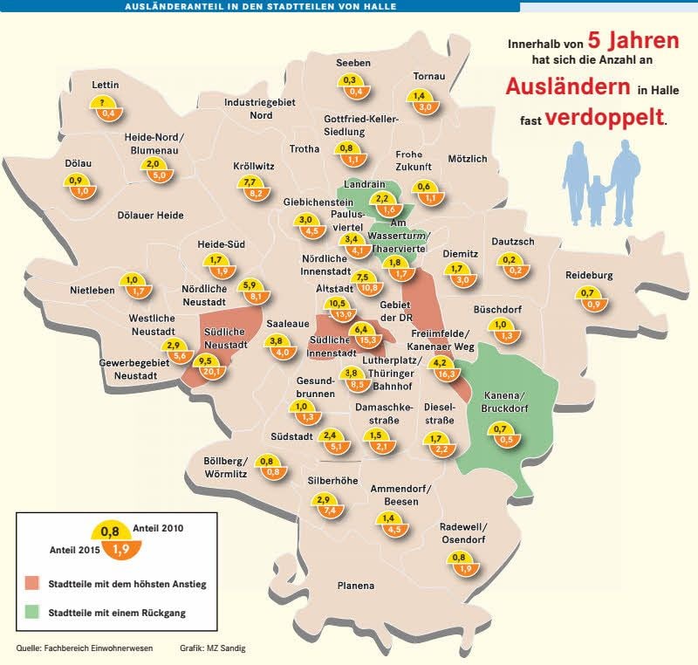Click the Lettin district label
(105, 85)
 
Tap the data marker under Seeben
(354, 85)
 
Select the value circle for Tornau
(425, 101)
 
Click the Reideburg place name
(589, 275)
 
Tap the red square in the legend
(32, 582)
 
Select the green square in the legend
(32, 613)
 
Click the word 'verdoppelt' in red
(604, 117)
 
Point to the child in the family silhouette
(597, 200)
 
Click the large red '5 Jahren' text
(632, 40)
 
